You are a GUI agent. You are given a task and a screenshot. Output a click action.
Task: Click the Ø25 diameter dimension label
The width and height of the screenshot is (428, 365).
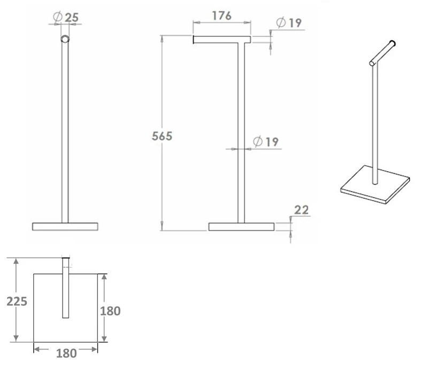(66, 17)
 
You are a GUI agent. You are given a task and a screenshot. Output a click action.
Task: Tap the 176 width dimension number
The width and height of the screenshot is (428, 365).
(221, 16)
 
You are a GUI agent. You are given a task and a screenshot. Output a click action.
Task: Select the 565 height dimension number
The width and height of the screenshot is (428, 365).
(162, 136)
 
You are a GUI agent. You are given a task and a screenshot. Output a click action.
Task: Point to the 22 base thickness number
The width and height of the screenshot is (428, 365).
(301, 210)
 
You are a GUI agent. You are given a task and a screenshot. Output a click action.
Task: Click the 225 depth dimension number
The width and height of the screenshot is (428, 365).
(17, 301)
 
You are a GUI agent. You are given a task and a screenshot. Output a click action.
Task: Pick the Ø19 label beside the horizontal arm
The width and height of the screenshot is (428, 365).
(289, 22)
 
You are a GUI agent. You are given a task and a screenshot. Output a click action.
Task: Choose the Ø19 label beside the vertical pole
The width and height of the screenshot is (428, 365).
(265, 142)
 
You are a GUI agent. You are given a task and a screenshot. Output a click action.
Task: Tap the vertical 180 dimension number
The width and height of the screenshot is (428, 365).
(110, 311)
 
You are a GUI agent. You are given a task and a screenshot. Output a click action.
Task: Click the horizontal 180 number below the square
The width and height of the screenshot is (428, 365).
(66, 353)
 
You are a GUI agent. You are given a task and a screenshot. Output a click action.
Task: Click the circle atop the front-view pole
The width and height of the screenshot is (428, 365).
(65, 39)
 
